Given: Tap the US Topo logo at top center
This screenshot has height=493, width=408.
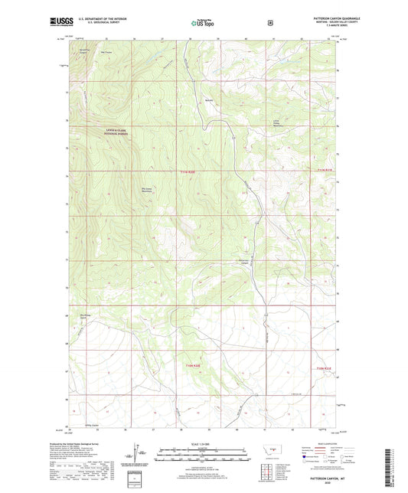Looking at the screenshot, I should tap(202, 23).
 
